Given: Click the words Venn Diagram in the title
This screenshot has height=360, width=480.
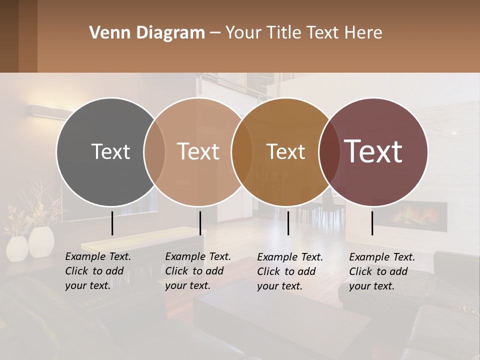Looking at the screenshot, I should pyautogui.click(x=147, y=33).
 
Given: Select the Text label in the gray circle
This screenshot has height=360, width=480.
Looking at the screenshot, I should pyautogui.click(x=110, y=151).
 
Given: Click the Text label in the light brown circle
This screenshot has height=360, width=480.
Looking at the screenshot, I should pyautogui.click(x=198, y=151).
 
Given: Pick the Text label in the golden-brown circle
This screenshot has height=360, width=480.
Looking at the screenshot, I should pyautogui.click(x=285, y=151).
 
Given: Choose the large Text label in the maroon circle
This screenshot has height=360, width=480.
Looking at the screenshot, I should pyautogui.click(x=373, y=151).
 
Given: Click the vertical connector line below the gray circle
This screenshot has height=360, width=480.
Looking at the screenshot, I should pyautogui.click(x=112, y=223).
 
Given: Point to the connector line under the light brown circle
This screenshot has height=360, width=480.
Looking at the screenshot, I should pyautogui.click(x=200, y=223).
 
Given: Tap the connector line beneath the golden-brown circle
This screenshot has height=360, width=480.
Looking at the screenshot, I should pyautogui.click(x=288, y=223).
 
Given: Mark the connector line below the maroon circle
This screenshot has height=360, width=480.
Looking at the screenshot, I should pyautogui.click(x=372, y=223).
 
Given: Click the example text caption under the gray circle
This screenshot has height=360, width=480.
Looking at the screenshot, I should pyautogui.click(x=98, y=271).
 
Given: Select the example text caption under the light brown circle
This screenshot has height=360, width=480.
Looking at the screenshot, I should pyautogui.click(x=198, y=271).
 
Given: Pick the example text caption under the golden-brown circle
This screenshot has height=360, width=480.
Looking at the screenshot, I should pyautogui.click(x=290, y=271).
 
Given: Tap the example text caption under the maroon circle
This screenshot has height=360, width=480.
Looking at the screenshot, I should pyautogui.click(x=382, y=271).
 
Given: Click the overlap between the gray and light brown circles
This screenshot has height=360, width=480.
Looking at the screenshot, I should pyautogui.click(x=154, y=151).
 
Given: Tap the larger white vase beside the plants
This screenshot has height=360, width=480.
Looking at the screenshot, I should pyautogui.click(x=41, y=241).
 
